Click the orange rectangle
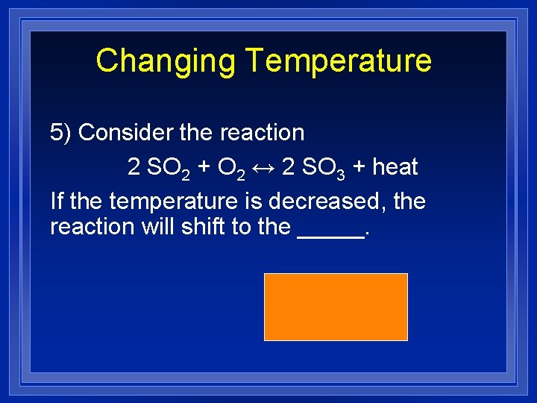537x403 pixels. pos(336,307)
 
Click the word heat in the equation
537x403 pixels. pos(395,167)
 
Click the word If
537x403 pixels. pos(57,201)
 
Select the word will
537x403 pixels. pos(158,227)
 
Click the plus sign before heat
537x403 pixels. pos(359,167)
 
